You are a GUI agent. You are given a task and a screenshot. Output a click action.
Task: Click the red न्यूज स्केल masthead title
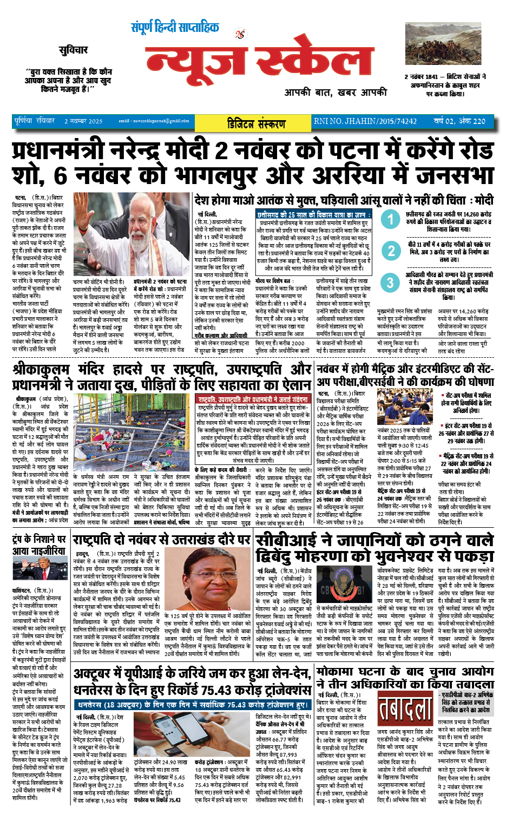click(259, 61)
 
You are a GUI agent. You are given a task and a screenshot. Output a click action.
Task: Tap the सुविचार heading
click(73, 50)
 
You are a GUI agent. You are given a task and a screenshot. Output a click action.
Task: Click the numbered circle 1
click(390, 219)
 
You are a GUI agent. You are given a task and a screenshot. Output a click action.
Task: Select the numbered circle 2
click(391, 250)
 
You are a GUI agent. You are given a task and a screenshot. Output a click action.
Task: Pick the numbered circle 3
click(390, 282)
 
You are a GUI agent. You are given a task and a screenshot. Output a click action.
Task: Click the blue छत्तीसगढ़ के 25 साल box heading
click(313, 215)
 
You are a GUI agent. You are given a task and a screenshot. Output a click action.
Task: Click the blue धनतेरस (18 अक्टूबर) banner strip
click(193, 705)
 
